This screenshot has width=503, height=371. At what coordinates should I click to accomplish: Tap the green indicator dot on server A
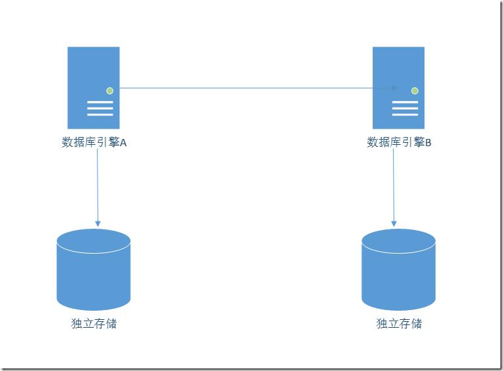[x=110, y=90]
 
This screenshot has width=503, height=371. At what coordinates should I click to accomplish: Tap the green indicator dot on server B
[x=415, y=90]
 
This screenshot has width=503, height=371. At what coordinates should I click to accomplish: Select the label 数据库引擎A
[x=93, y=143]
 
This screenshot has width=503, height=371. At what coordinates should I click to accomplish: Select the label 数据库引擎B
[x=399, y=143]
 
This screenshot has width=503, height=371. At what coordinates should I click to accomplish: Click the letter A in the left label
[x=122, y=143]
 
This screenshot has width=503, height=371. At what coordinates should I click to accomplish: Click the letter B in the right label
[x=428, y=143]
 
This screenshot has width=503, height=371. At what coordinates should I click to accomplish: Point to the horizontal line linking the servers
[x=249, y=87]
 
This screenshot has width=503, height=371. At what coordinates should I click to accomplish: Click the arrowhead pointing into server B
[x=394, y=87]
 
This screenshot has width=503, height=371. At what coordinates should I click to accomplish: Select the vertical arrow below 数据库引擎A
[x=98, y=184]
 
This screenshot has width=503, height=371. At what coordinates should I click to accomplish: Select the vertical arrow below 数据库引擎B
[x=394, y=184]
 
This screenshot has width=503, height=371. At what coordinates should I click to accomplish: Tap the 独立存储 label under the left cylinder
[x=94, y=324]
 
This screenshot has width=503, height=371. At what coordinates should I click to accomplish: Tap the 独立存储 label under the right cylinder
[x=399, y=324]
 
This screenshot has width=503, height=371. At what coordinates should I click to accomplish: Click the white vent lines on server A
[x=100, y=108]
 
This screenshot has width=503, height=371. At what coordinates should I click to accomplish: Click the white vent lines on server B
[x=405, y=108]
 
